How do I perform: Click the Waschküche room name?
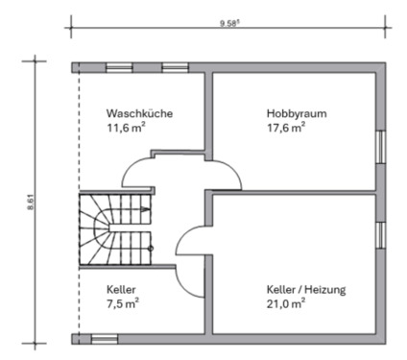coord(139,112)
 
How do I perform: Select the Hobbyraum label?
coord(297,112)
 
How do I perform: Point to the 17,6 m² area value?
coord(286,127)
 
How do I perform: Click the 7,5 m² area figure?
coord(123,303)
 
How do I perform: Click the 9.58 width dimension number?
coord(228,20)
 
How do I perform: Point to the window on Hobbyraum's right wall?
coord(381,148)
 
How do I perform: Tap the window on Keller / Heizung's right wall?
coord(381,235)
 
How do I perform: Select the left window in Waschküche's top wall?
coord(120,67)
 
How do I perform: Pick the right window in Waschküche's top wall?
coord(175,67)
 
